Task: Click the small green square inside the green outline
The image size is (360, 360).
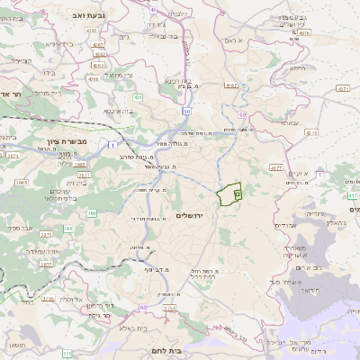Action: (x=238, y=192)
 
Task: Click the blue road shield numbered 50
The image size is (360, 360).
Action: (x=186, y=111)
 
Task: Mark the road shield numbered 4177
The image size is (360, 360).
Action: (x=276, y=166)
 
